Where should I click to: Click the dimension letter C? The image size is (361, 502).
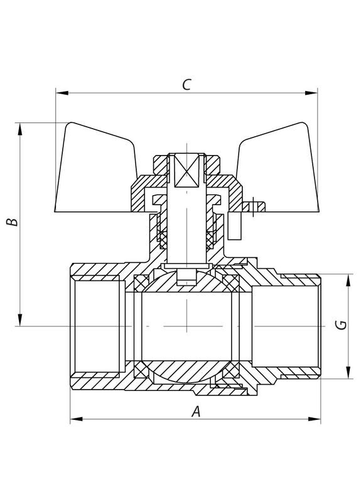click(x=186, y=85)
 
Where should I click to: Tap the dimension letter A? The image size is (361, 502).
click(x=195, y=412)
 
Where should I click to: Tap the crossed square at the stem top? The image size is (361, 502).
click(x=187, y=170)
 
